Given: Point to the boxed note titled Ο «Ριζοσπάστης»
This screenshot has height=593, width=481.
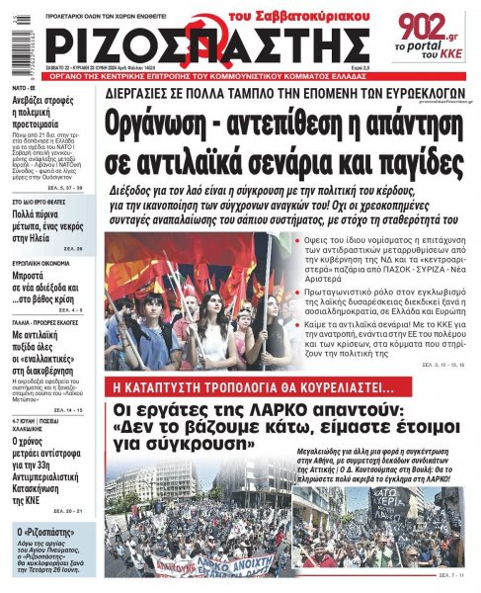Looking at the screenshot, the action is tap(50, 552).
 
